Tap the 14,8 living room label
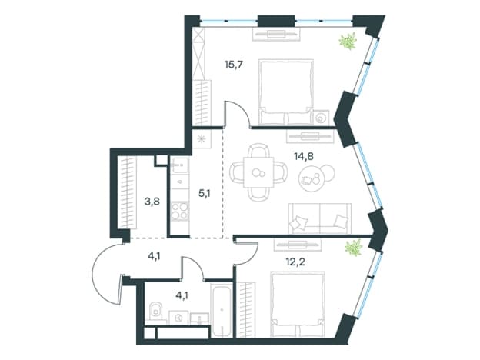click(304, 157)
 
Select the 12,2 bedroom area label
click(295, 262)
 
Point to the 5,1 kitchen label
click(205, 194)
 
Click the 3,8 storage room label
click(152, 202)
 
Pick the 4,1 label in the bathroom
click(182, 296)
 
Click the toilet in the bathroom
click(156, 312)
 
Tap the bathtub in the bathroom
click(222, 310)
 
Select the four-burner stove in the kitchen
click(179, 211)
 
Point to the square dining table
click(258, 172)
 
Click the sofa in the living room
click(319, 218)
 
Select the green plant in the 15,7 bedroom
click(348, 41)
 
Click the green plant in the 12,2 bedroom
click(354, 248)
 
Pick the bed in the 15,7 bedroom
click(286, 92)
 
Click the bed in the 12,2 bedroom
click(298, 305)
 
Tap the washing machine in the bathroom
click(178, 318)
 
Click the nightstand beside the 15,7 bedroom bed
click(321, 118)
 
